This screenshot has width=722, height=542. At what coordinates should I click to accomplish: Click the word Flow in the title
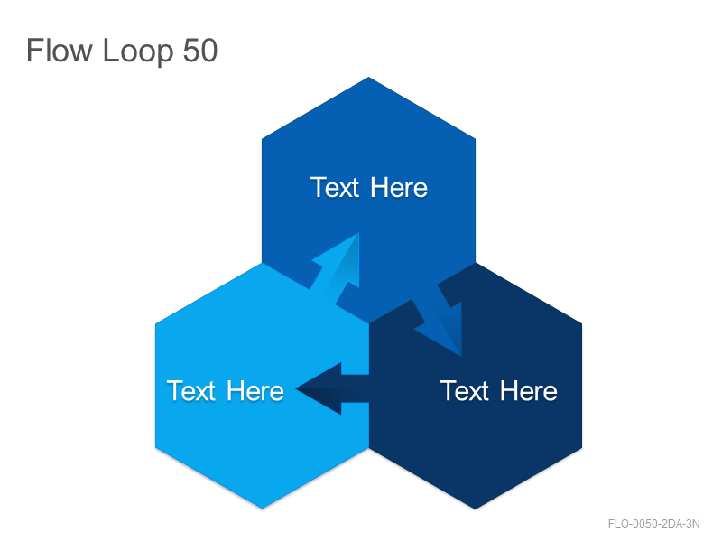click(60, 50)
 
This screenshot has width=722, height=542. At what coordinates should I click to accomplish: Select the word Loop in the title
click(138, 51)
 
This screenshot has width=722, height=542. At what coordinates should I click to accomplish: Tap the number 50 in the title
click(200, 51)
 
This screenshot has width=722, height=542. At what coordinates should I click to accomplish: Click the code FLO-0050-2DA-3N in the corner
click(653, 524)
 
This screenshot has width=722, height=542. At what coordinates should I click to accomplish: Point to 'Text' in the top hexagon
click(335, 188)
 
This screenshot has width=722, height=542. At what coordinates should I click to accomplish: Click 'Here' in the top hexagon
click(399, 188)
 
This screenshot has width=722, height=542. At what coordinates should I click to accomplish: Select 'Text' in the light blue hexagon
click(191, 391)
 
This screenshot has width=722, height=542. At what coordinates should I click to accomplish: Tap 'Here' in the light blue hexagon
click(255, 391)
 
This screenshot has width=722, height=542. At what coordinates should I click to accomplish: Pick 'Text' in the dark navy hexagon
click(464, 391)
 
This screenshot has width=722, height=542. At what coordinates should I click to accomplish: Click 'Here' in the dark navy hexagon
click(529, 391)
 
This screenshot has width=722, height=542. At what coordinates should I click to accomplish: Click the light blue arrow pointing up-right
click(336, 268)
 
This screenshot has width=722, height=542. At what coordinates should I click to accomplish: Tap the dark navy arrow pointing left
click(332, 388)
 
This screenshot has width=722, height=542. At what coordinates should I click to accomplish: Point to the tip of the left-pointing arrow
click(296, 389)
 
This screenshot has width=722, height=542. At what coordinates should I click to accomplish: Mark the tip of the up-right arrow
click(358, 233)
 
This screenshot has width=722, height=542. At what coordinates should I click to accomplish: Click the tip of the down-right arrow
click(461, 356)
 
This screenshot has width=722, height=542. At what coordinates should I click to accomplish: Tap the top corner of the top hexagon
click(368, 78)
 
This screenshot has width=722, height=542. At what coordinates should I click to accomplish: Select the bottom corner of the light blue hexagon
click(263, 509)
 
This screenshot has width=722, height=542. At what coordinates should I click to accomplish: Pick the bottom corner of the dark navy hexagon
click(476, 509)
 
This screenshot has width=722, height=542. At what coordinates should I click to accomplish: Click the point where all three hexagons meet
click(369, 323)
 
